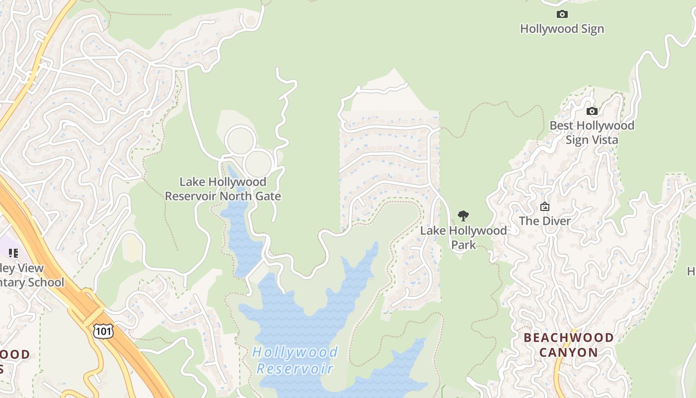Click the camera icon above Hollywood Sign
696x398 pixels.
(562, 14)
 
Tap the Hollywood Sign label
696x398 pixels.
(562, 29)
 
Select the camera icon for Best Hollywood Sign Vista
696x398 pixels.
(592, 111)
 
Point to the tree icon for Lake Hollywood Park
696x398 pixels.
(463, 216)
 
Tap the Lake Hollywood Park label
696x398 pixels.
(463, 237)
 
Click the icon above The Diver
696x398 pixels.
(545, 206)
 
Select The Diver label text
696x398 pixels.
(545, 221)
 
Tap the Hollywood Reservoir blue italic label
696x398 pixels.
(295, 360)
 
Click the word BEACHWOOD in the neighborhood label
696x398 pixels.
(569, 338)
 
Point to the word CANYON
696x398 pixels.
(569, 353)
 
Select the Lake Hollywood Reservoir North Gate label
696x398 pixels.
(223, 189)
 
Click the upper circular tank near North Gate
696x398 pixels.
(241, 140)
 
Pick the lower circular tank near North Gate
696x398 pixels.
(259, 163)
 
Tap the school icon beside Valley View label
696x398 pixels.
(13, 253)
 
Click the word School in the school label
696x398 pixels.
(46, 283)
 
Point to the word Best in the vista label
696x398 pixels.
(562, 125)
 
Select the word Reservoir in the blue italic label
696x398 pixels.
(295, 369)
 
